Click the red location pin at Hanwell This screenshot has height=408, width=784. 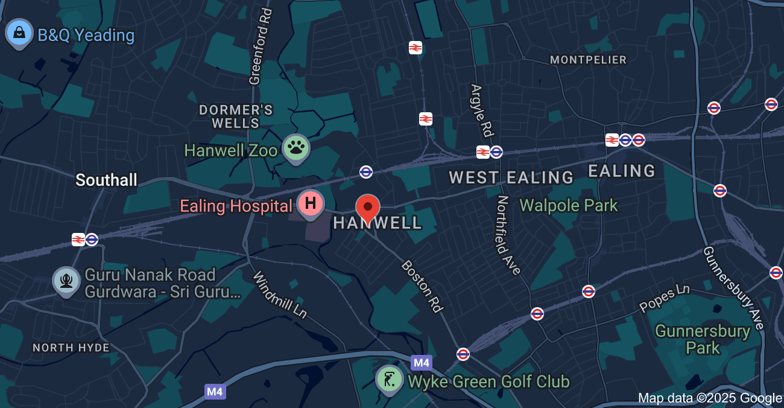[368, 208]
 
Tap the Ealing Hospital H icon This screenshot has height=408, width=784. [311, 203]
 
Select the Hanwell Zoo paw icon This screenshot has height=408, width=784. [296, 147]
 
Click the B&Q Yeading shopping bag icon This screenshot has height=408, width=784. [19, 32]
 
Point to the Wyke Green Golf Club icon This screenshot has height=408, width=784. [389, 380]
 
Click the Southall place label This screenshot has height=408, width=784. [106, 180]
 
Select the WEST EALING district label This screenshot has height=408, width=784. [511, 177]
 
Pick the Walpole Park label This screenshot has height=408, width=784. [569, 205]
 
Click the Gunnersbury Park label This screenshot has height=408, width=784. [703, 339]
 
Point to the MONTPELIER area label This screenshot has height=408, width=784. [589, 60]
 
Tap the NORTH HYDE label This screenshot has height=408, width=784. [71, 348]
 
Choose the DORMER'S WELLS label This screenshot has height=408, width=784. [236, 116]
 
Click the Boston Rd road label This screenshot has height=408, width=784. [423, 286]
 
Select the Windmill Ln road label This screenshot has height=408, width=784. [279, 295]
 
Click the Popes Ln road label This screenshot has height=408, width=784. [665, 298]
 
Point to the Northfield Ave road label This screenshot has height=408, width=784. [509, 235]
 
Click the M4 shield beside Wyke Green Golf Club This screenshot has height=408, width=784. [422, 363]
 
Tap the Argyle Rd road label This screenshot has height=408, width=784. [480, 109]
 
